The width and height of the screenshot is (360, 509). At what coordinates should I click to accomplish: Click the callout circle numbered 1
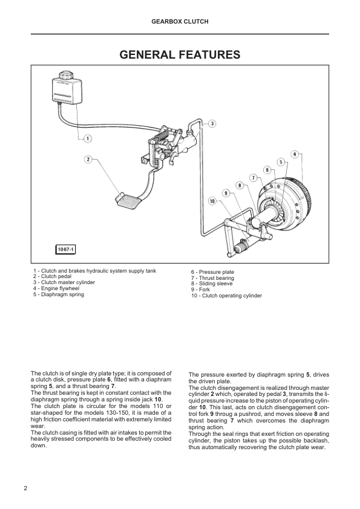point(87,139)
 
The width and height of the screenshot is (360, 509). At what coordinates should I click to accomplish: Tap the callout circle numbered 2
point(88,160)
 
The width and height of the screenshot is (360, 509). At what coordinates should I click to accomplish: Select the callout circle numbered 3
point(212,124)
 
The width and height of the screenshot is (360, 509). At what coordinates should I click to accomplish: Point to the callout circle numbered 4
point(295,154)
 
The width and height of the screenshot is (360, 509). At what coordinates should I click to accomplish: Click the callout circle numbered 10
point(212,201)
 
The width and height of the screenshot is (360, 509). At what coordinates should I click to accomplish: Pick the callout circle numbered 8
point(240,186)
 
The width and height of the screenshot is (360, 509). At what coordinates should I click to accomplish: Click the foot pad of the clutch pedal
point(129,201)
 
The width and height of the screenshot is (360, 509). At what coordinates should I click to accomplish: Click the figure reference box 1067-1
point(65,249)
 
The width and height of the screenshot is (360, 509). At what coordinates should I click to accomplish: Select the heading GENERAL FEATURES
point(180,54)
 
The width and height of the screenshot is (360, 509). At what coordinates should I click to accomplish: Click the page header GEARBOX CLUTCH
point(180,21)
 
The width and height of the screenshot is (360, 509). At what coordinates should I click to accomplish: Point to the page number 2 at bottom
point(25,488)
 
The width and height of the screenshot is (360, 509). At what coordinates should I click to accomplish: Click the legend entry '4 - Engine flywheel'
point(56,288)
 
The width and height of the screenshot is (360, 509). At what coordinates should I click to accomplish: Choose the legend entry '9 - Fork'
point(200,290)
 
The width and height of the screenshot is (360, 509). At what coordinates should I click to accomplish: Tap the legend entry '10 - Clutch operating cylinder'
point(226,296)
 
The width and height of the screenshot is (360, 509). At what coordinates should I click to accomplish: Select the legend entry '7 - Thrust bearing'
point(212,278)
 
